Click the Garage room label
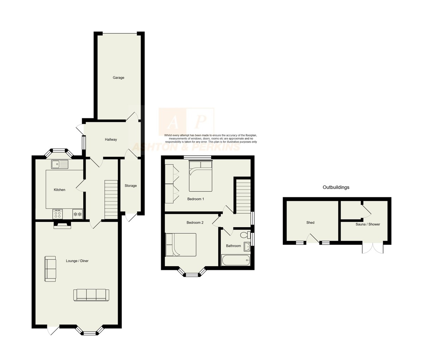[x=118, y=78]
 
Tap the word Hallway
[x=111, y=139]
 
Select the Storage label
[x=130, y=186]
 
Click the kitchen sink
[x=59, y=164]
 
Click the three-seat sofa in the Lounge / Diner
[x=91, y=295]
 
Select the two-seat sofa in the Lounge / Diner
[x=50, y=269]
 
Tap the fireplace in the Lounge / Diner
[x=62, y=225]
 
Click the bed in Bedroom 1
[x=201, y=176]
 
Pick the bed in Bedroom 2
[x=181, y=244]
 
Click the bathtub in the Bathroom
[x=236, y=260]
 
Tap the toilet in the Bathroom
[x=245, y=235]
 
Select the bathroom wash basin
[x=247, y=247]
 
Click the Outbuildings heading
[x=336, y=187]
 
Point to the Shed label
[x=310, y=223]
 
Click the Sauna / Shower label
[x=368, y=224]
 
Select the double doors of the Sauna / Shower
[x=373, y=249]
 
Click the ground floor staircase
[x=111, y=199]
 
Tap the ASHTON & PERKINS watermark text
[x=186, y=147]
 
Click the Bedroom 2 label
[x=195, y=223]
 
